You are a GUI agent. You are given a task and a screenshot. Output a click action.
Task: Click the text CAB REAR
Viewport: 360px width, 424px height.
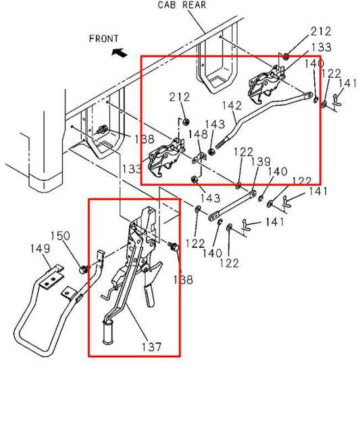coord(182,5)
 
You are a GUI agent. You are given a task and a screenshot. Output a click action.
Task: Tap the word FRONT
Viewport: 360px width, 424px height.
coord(103,38)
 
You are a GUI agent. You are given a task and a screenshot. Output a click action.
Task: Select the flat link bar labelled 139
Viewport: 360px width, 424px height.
coord(234,205)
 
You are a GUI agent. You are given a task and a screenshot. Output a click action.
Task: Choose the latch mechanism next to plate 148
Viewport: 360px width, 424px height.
coord(166,155)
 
